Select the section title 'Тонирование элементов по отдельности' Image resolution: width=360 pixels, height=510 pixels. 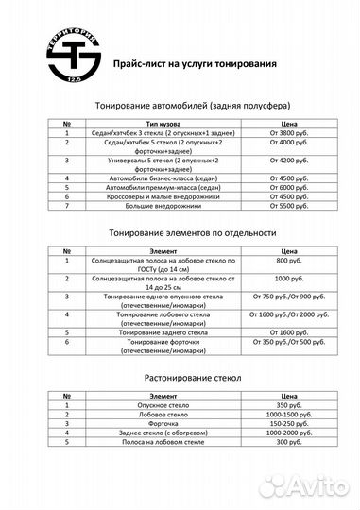(x=179, y=231)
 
